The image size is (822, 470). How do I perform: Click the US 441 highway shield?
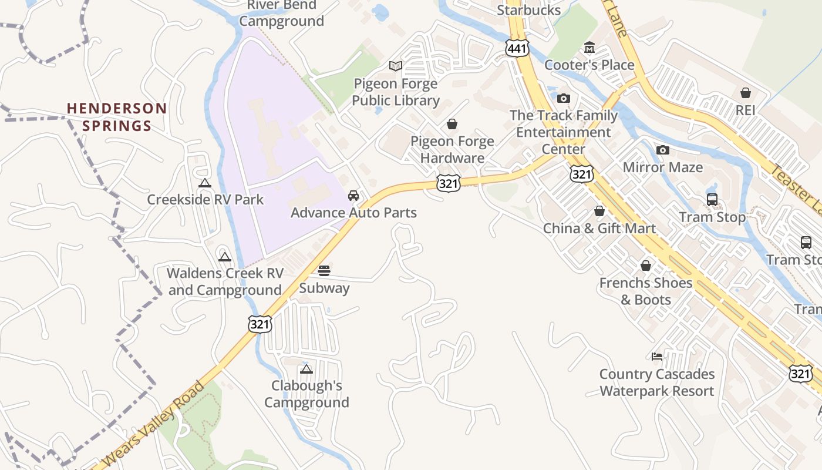pos(517,48)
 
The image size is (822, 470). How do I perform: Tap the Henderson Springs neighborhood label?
pos(117,117)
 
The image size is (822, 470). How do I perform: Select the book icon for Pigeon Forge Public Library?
pos(396,66)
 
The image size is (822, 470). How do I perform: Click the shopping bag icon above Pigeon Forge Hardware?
pos(452,124)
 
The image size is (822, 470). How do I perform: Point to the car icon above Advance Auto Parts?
pos(353,195)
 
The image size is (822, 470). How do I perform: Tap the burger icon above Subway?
pos(324,271)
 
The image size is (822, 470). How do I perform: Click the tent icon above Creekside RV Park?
pos(204,183)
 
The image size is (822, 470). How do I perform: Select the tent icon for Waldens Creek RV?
pos(225,257)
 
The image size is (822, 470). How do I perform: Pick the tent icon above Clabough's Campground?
pos(306,369)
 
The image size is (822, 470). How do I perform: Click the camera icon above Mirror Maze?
pos(663,150)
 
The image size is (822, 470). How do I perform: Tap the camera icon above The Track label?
pos(564,98)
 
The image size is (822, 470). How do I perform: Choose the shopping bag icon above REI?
pos(746,93)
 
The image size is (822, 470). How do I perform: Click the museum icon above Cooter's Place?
pos(589,48)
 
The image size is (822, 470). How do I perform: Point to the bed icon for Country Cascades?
pos(657,357)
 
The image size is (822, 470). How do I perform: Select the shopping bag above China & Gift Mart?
pos(599,211)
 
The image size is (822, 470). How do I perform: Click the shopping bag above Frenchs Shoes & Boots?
pos(646,266)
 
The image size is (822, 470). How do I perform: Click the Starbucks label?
pos(528,10)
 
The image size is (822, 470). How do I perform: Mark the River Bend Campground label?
pos(282,14)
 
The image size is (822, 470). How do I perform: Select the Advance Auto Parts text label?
pos(353,213)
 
